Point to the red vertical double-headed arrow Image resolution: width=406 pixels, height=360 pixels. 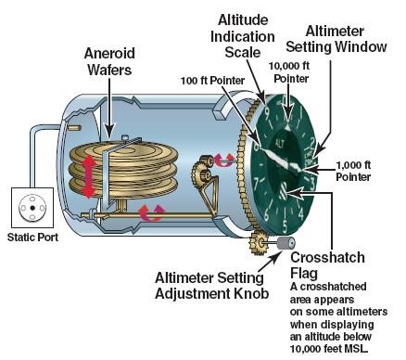pyautogui.click(x=89, y=177)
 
